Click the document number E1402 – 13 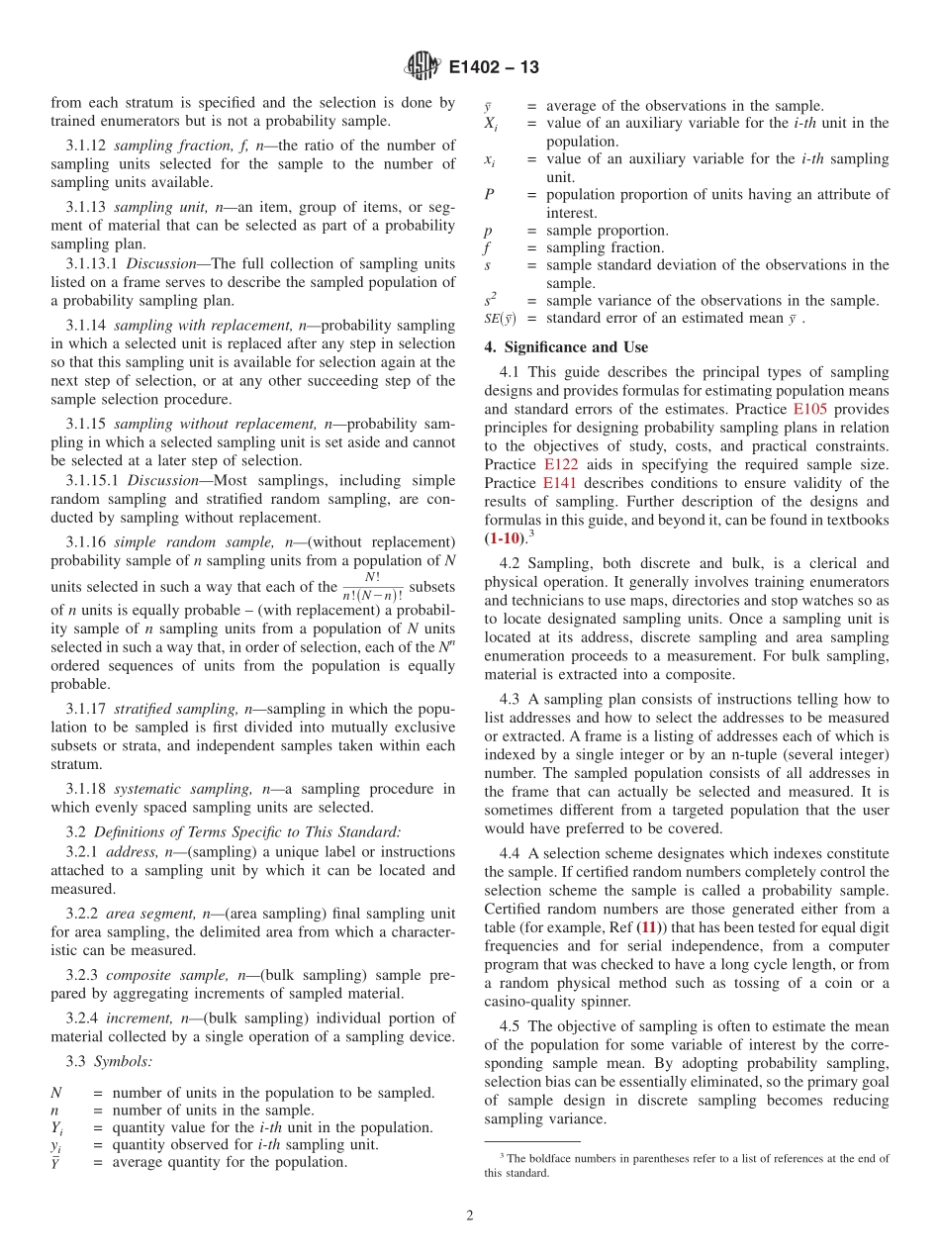(x=494, y=68)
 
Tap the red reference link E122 (x=561, y=464)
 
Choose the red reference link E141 (x=561, y=483)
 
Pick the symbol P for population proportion (x=489, y=195)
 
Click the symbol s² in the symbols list (x=490, y=300)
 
